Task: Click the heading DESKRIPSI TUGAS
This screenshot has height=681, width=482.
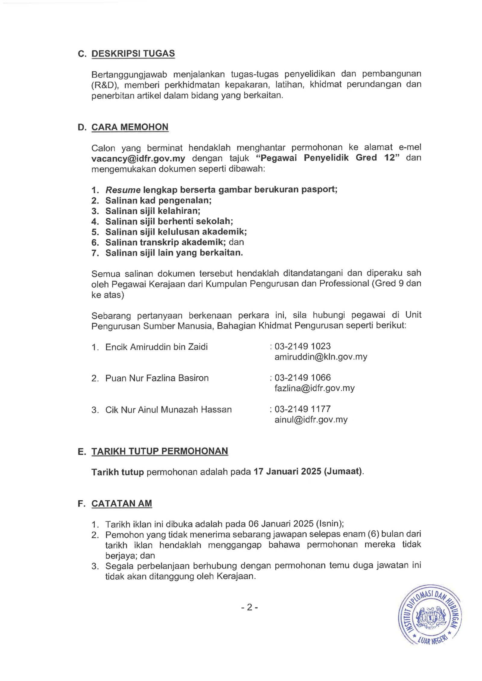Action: point(133,54)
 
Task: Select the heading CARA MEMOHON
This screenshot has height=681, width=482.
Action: point(130,127)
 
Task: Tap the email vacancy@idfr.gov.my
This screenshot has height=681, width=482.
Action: point(138,158)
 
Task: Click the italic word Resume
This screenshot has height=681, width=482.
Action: point(123,190)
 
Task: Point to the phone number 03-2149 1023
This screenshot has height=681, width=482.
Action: point(302,346)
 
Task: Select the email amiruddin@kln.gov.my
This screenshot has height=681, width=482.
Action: point(321,357)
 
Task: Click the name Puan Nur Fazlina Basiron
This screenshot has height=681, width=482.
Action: point(157,378)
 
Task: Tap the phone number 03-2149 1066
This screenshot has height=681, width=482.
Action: point(302,378)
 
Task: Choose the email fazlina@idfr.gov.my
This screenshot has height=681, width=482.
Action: point(315,388)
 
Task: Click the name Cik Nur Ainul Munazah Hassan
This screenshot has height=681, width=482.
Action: point(168,409)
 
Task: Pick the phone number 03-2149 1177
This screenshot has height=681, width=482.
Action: point(302,409)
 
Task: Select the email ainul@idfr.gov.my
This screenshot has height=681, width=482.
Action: point(311,419)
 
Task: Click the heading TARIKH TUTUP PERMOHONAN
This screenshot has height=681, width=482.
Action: point(160,451)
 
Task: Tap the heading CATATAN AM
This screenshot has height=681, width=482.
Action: point(122,504)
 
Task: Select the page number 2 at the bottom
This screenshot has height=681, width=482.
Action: point(249,608)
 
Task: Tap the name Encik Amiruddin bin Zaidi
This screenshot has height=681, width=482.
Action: point(156,347)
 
